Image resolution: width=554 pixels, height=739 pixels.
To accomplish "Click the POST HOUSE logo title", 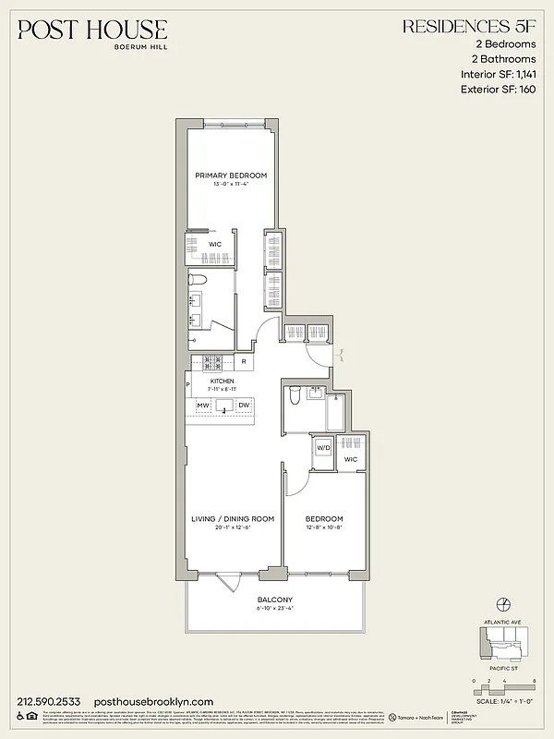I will click(x=92, y=30).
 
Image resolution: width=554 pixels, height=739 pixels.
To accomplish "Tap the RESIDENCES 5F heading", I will click(x=470, y=29).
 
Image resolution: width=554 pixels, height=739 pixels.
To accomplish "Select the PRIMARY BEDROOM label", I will click(x=231, y=176).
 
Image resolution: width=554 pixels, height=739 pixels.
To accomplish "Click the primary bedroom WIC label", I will click(x=215, y=245).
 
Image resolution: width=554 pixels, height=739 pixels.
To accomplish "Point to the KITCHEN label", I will click(x=222, y=381).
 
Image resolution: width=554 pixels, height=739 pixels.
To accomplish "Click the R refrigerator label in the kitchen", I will click(x=244, y=362).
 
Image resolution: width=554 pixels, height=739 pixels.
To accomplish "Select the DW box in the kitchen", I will click(x=244, y=406).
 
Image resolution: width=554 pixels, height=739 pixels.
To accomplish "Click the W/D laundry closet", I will click(x=323, y=448).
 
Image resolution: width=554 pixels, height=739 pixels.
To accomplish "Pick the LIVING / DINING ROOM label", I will click(x=233, y=518).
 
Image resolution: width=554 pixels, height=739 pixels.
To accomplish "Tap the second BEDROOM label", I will click(x=325, y=518).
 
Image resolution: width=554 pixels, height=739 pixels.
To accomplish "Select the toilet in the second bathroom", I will click(x=294, y=395).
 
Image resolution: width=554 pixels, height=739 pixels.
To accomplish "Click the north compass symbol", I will click(x=504, y=604).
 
